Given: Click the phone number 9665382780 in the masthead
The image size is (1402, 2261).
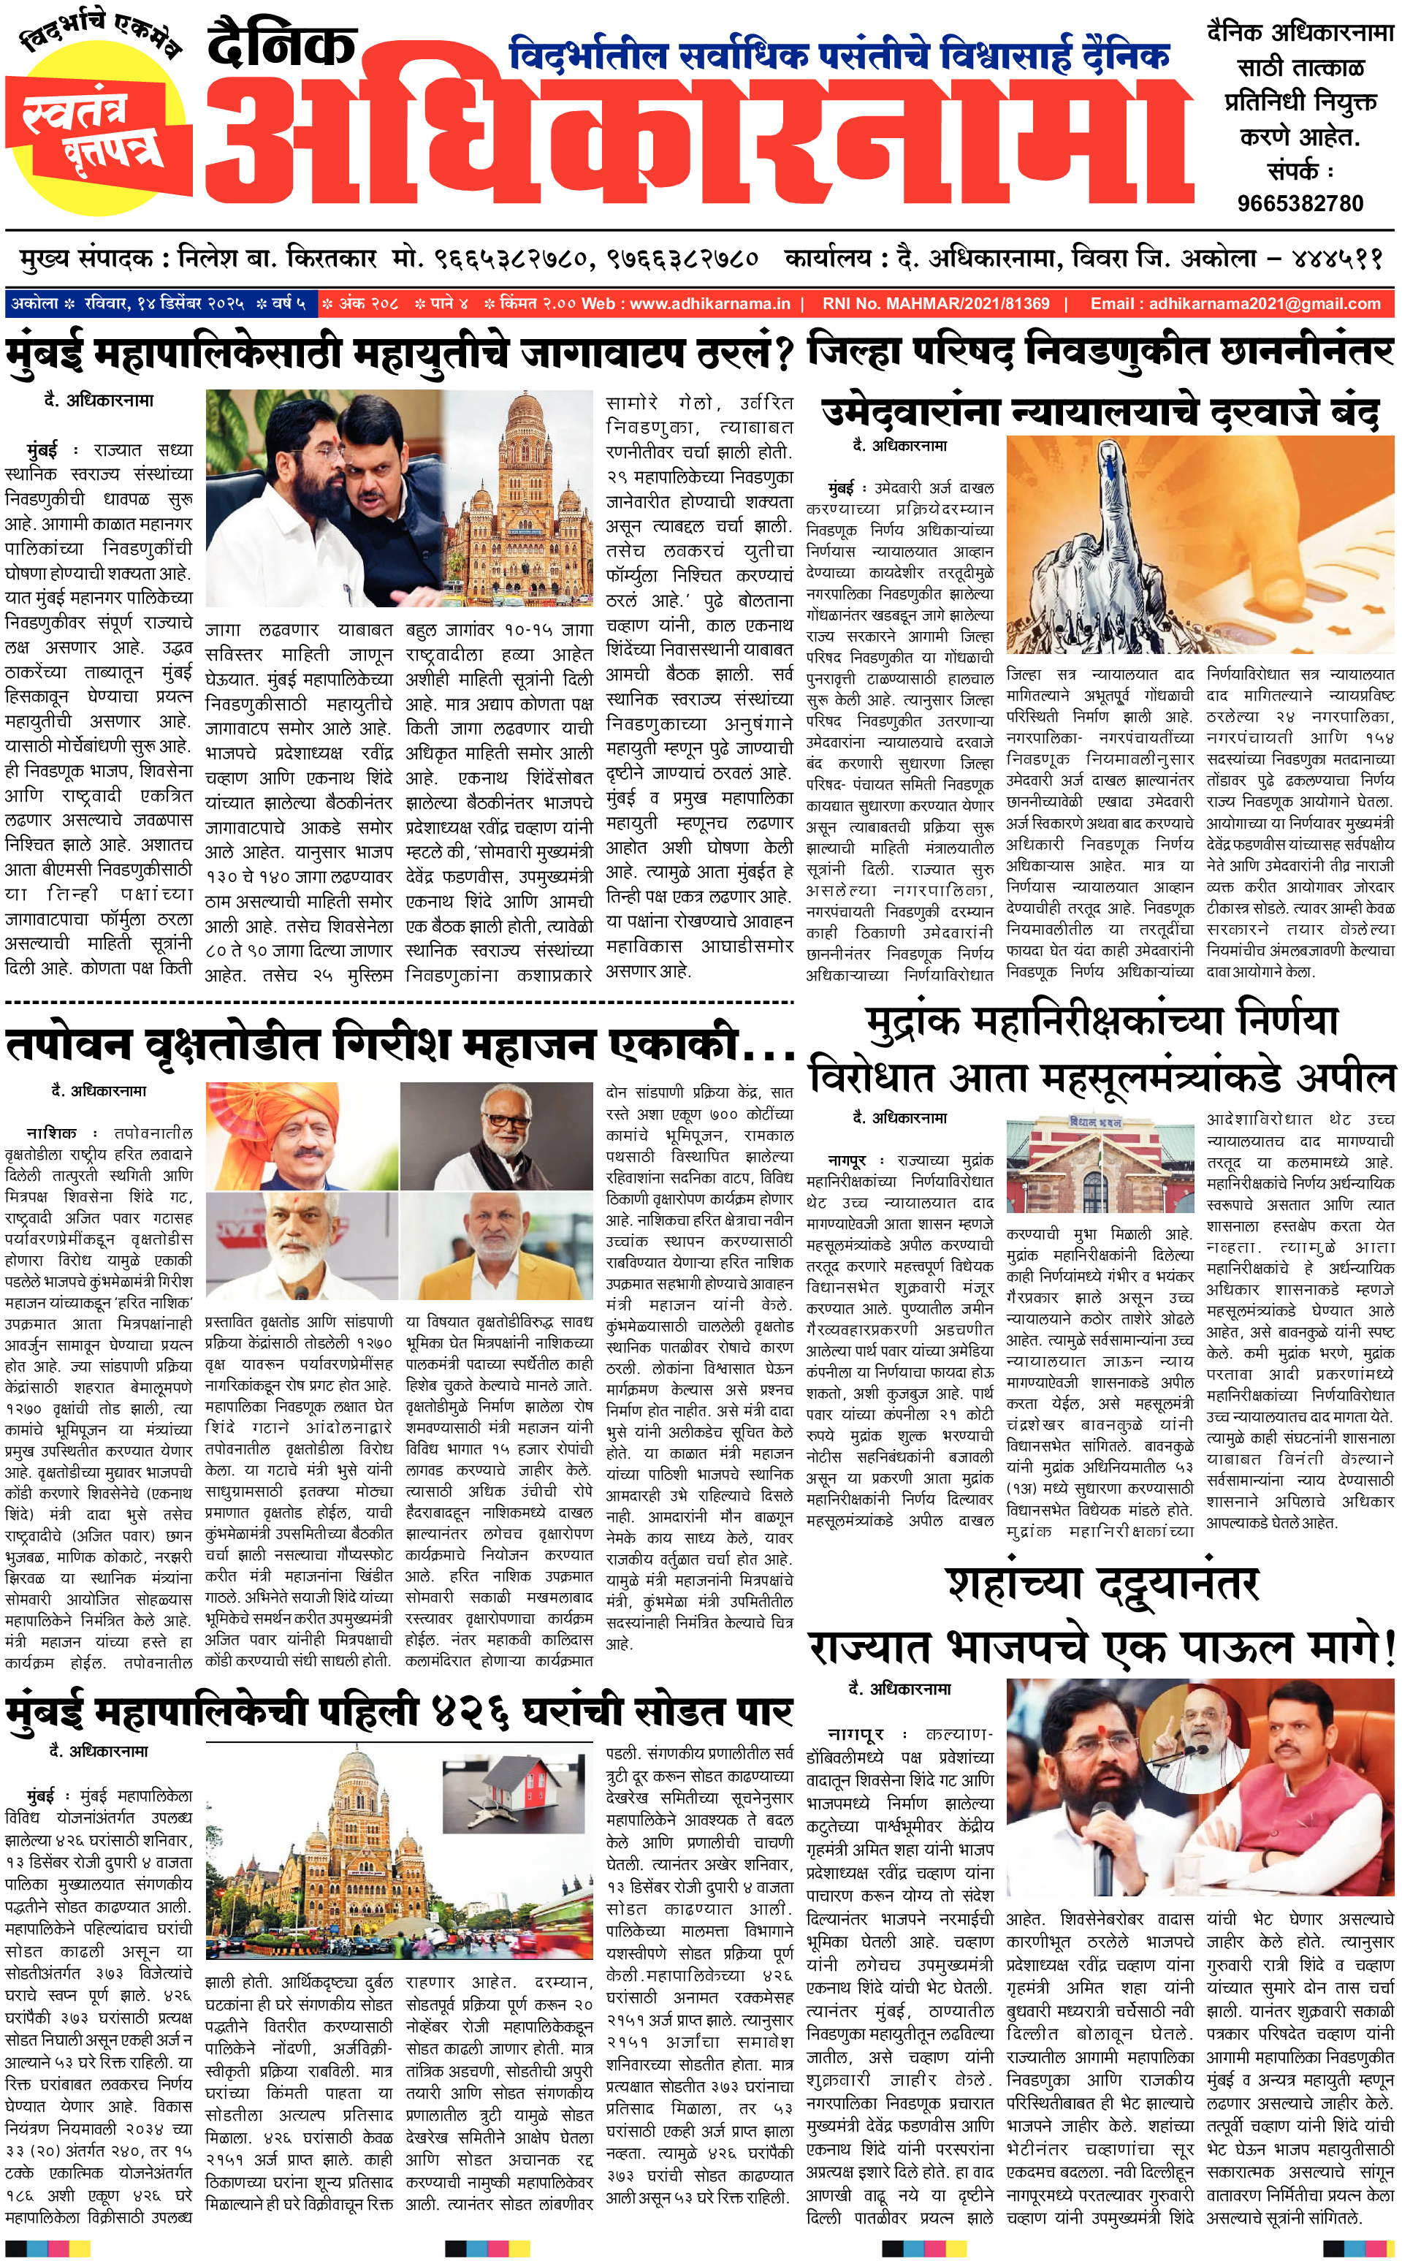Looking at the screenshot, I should (x=1300, y=203).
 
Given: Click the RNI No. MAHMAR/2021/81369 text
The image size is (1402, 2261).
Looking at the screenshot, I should (x=936, y=303).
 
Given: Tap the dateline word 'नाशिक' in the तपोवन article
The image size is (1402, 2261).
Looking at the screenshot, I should (x=52, y=1133).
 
